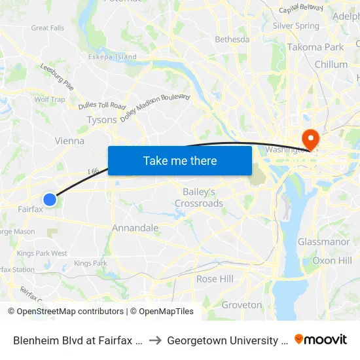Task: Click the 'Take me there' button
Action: [x=180, y=160]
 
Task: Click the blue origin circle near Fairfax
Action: [x=50, y=199]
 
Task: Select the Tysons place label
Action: [x=101, y=120]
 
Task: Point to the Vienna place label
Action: [x=69, y=141]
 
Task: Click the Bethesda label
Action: [x=232, y=39]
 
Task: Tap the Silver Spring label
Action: [x=296, y=26]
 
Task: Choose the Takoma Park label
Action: [x=315, y=47]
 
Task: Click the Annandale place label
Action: [x=135, y=228]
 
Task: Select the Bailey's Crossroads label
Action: [x=199, y=198]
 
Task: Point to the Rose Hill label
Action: [x=215, y=279]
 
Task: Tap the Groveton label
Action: [x=242, y=305]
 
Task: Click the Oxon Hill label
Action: [x=332, y=261]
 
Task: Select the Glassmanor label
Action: [x=323, y=242]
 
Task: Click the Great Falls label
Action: [x=48, y=28]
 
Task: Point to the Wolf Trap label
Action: [x=50, y=100]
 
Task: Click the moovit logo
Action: [x=321, y=340]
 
